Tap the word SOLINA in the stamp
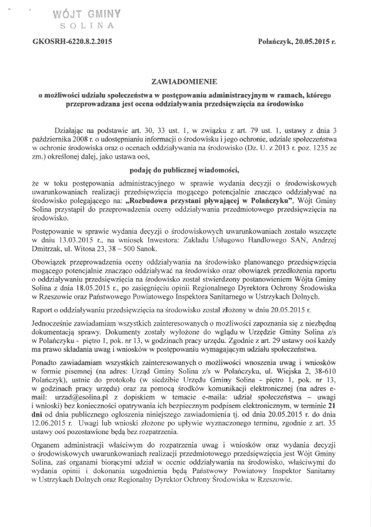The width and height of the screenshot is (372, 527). click(x=87, y=25)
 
